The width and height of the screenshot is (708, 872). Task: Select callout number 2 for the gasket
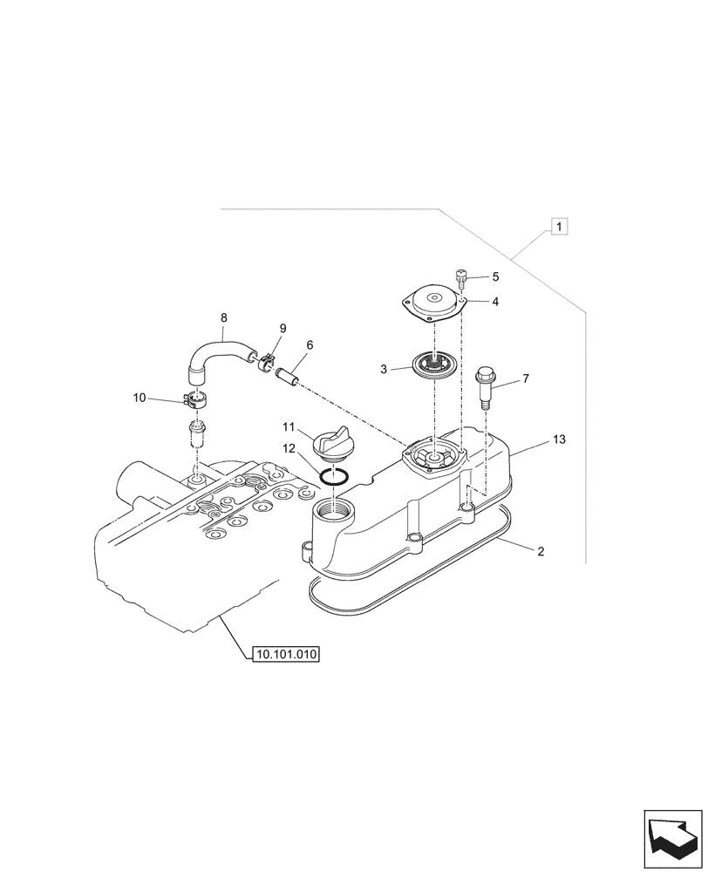click(x=541, y=552)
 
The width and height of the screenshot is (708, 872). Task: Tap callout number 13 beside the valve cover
click(x=559, y=440)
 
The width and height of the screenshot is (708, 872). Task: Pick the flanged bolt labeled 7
click(x=485, y=386)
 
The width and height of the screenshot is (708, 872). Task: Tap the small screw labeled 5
click(x=462, y=278)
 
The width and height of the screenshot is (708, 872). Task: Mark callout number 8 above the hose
click(x=223, y=318)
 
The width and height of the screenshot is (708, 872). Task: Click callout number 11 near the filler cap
click(x=289, y=427)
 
